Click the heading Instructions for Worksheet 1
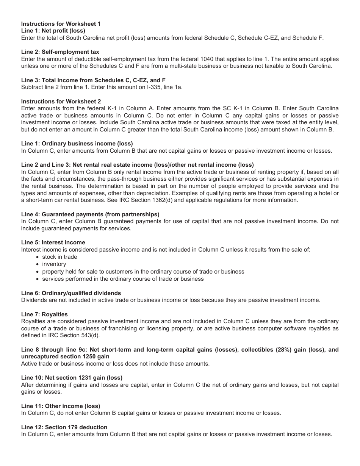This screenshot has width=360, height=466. [61, 24]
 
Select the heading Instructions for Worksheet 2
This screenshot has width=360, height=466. [61, 102]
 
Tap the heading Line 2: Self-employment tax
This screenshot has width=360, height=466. [60, 52]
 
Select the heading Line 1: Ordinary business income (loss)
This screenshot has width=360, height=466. [77, 144]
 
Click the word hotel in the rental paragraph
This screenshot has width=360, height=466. [324, 193]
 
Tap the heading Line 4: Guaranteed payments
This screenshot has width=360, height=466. [90, 214]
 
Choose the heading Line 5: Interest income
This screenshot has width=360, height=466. [53, 242]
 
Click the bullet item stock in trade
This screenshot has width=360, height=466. [59, 257]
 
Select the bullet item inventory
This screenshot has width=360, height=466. [54, 264]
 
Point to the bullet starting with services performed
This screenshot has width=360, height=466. [123, 279]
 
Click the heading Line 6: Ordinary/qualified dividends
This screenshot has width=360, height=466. [71, 293]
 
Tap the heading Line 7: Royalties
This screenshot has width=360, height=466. [44, 314]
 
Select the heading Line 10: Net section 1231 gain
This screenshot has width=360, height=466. [72, 378]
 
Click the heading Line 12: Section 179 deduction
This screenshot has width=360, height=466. [64, 427]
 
